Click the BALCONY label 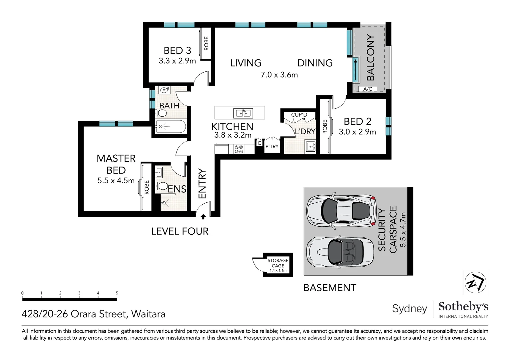(371, 58)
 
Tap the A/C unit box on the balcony (367, 89)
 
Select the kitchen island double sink (243, 113)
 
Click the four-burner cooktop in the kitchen (239, 149)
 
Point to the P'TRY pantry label (272, 146)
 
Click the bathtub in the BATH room (171, 126)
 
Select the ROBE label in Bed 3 (206, 43)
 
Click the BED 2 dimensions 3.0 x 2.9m (357, 132)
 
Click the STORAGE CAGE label (278, 263)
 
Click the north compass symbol (475, 282)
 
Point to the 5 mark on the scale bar (117, 293)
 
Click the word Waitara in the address (148, 314)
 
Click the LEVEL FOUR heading (180, 231)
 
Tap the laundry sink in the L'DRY (310, 146)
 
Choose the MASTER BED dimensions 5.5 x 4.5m (116, 181)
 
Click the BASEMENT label (330, 288)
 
